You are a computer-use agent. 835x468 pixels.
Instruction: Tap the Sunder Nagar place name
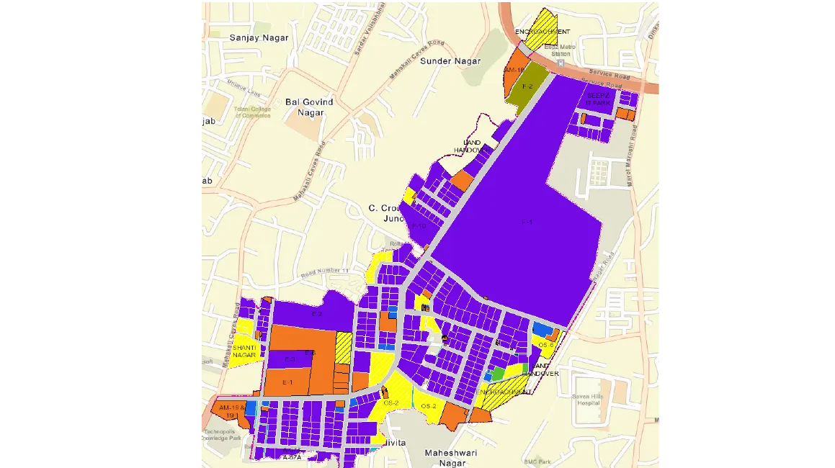tap(450, 61)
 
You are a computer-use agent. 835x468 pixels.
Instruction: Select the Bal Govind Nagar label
tap(309, 107)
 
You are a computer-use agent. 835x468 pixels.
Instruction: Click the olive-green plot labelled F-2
tap(528, 86)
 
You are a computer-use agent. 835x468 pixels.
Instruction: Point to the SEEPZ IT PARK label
tap(599, 99)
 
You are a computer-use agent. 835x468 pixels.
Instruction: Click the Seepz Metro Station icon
tap(561, 63)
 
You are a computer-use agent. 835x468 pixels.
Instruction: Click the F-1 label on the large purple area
tap(527, 222)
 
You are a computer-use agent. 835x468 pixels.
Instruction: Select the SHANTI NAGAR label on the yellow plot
tap(244, 351)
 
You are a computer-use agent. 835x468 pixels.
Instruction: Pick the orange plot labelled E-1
tap(287, 382)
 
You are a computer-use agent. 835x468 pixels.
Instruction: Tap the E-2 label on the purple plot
tap(316, 314)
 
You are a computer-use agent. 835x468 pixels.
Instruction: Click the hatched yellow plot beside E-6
tap(344, 347)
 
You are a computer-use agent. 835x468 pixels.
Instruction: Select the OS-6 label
tap(545, 345)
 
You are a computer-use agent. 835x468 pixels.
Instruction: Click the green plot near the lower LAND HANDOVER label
tap(499, 374)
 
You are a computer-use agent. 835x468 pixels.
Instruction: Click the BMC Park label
tap(537, 462)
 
